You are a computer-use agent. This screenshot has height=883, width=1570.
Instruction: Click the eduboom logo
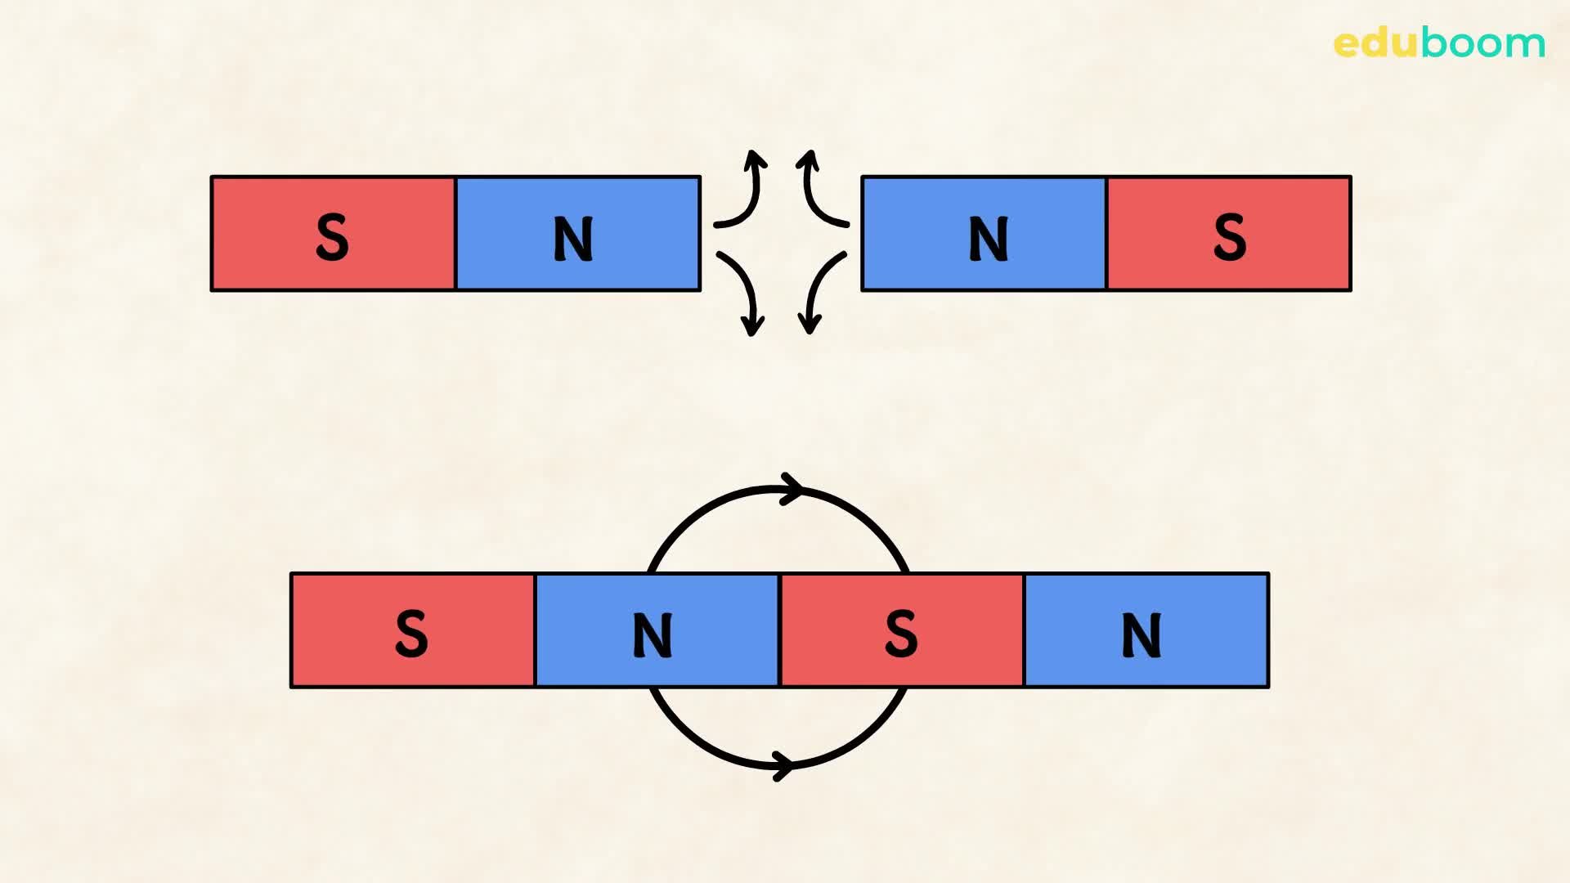[x=1438, y=43]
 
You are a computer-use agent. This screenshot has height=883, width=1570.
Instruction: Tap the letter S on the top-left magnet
[x=332, y=238]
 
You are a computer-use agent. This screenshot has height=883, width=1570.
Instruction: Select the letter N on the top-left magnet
[x=573, y=239]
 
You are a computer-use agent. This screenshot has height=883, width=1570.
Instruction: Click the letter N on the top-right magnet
[x=988, y=239]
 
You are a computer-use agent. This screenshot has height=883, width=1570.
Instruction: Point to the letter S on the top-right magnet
[x=1229, y=238]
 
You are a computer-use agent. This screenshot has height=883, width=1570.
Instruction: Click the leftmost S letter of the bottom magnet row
[x=411, y=634]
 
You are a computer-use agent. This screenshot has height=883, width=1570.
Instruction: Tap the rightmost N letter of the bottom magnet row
[x=1142, y=635]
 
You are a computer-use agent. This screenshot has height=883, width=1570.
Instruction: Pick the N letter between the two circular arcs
[x=653, y=635]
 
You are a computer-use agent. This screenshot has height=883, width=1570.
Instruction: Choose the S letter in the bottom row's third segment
[x=901, y=634]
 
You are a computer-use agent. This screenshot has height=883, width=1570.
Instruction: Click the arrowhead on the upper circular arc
[x=792, y=489]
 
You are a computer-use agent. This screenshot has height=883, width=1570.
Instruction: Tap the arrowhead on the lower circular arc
[x=783, y=766]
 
